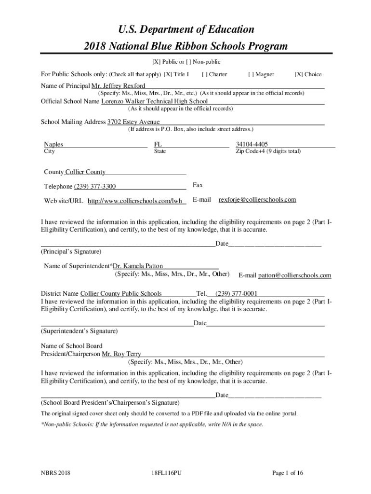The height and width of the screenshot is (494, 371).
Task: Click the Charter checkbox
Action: click(x=205, y=75)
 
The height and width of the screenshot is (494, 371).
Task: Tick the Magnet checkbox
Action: click(x=251, y=75)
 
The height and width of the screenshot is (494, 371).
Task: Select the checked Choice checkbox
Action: click(x=298, y=75)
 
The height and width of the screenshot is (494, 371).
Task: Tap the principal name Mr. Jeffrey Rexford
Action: click(x=115, y=86)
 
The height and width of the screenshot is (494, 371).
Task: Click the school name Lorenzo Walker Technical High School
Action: click(x=154, y=101)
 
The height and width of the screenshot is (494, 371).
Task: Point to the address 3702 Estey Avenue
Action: click(x=133, y=122)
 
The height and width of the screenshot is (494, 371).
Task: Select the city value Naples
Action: click(x=53, y=144)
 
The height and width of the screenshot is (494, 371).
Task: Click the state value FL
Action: click(x=158, y=144)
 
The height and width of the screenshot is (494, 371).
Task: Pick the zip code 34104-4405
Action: click(x=252, y=144)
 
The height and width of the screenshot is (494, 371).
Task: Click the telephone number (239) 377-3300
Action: click(x=94, y=187)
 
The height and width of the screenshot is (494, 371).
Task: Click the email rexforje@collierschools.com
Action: click(x=257, y=200)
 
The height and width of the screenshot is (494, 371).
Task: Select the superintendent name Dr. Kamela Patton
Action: click(x=138, y=266)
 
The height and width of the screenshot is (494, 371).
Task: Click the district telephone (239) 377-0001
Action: click(x=236, y=293)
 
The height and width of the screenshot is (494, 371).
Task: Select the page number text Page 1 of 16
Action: click(x=288, y=473)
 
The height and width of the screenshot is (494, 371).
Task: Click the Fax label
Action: click(x=198, y=185)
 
